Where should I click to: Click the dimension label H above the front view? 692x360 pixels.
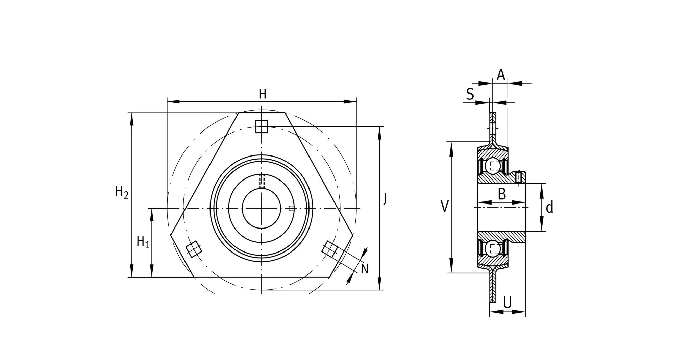coord(262,94)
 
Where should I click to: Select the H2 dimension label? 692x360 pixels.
coord(122,192)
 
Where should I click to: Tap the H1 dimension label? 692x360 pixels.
coord(143,242)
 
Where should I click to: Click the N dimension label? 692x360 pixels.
coord(364,269)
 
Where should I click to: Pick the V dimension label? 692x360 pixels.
coord(445,207)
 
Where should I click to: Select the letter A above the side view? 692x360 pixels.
coord(501,75)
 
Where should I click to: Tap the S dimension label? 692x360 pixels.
coord(470,94)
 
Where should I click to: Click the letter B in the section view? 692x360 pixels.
coord(502,194)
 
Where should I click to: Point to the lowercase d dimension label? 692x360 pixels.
coord(549,207)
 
